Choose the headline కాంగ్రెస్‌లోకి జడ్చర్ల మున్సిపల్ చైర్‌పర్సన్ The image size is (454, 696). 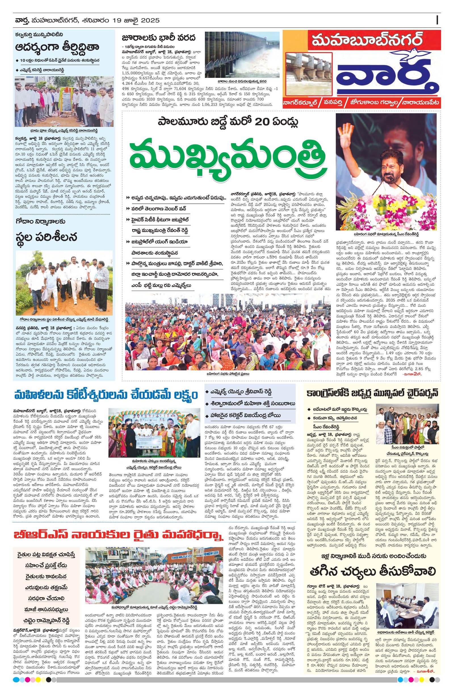click(x=372, y=393)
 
